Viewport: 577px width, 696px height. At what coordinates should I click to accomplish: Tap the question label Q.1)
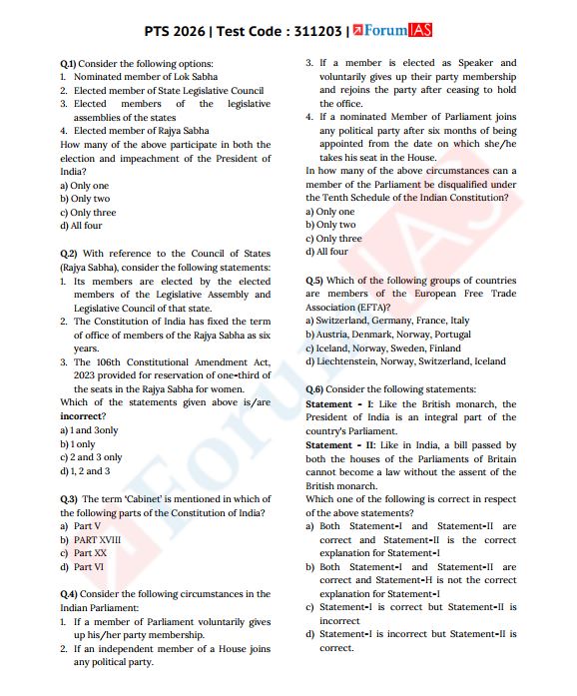(x=69, y=63)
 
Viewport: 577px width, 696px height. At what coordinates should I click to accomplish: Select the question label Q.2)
(x=69, y=254)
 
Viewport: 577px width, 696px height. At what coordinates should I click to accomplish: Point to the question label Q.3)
(x=69, y=498)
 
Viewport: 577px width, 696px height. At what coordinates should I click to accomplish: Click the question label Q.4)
(x=69, y=593)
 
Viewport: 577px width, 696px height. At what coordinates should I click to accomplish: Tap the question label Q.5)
(x=314, y=281)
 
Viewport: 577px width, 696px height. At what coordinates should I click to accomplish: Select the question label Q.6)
(x=314, y=388)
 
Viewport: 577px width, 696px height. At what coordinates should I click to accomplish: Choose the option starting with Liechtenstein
(x=405, y=361)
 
